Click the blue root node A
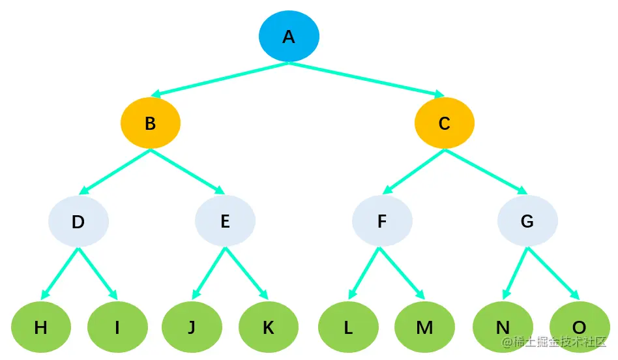(x=289, y=36)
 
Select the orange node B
(x=150, y=123)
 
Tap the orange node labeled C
(x=445, y=123)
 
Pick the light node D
(x=78, y=221)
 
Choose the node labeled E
(x=225, y=221)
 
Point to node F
(x=382, y=221)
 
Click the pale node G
(x=527, y=221)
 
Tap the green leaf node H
(x=40, y=327)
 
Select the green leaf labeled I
(x=117, y=327)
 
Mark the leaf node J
(x=192, y=327)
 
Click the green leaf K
(x=268, y=327)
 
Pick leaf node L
(x=348, y=327)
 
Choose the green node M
(x=424, y=327)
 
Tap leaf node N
(x=503, y=327)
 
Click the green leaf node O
(x=579, y=327)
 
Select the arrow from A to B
(x=219, y=80)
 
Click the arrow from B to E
(x=188, y=172)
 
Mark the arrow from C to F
(x=414, y=172)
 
